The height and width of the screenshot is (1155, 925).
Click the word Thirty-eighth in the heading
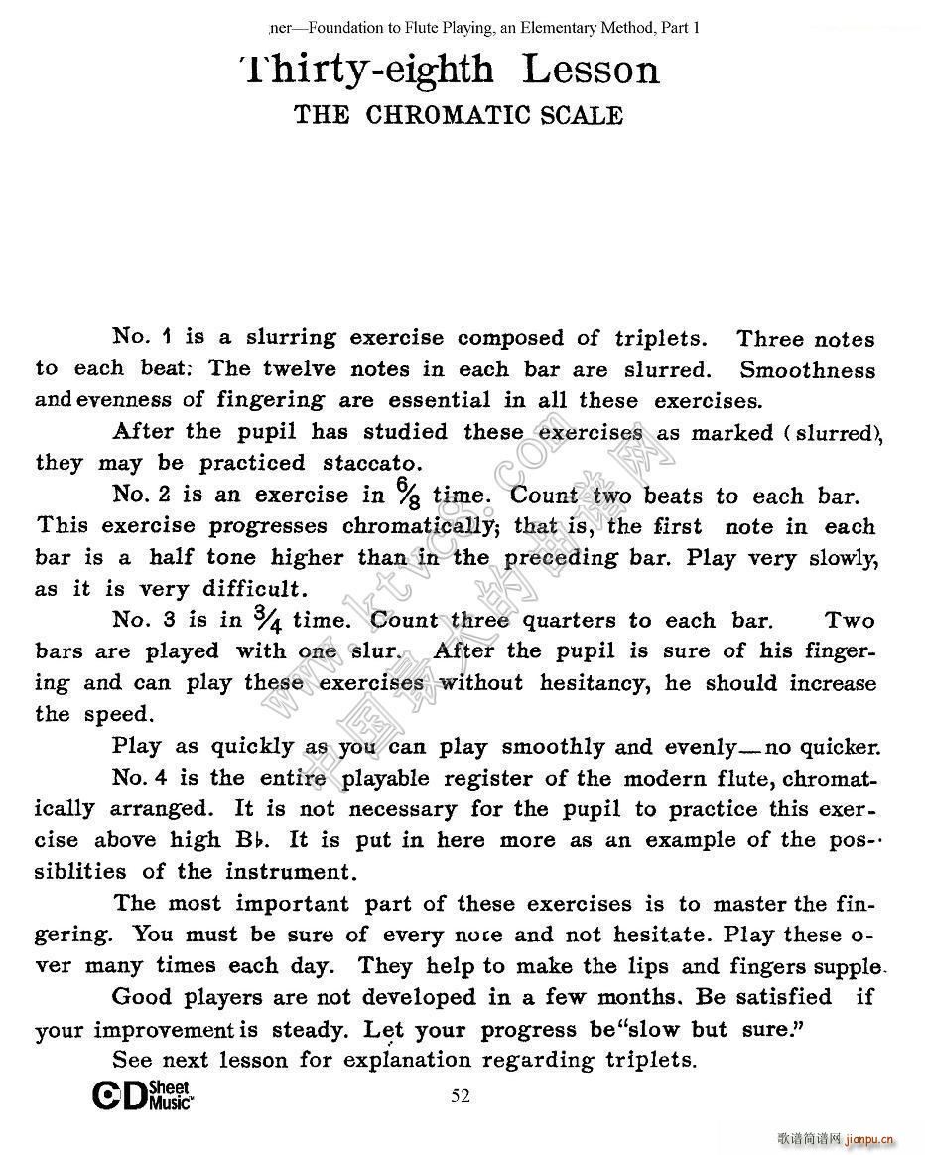pos(366,70)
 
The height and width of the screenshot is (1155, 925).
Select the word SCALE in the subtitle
pos(582,115)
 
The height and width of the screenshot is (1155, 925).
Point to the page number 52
pos(461,1096)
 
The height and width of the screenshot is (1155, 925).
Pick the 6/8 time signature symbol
pos(407,494)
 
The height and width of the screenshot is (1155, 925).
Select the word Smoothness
pos(808,370)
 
